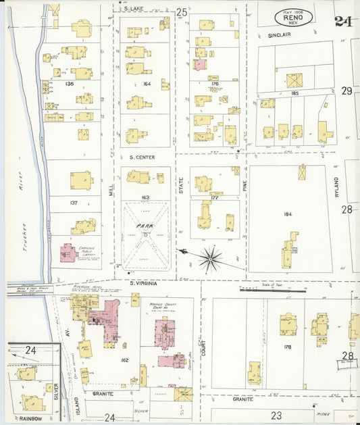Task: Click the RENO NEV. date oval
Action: tap(293, 18)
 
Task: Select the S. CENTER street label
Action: tap(143, 157)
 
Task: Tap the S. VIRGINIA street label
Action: tap(145, 284)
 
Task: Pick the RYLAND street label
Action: tap(336, 178)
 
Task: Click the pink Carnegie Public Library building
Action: tap(68, 253)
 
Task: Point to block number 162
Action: tap(124, 360)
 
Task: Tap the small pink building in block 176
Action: tap(201, 65)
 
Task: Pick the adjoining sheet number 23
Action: tap(276, 416)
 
